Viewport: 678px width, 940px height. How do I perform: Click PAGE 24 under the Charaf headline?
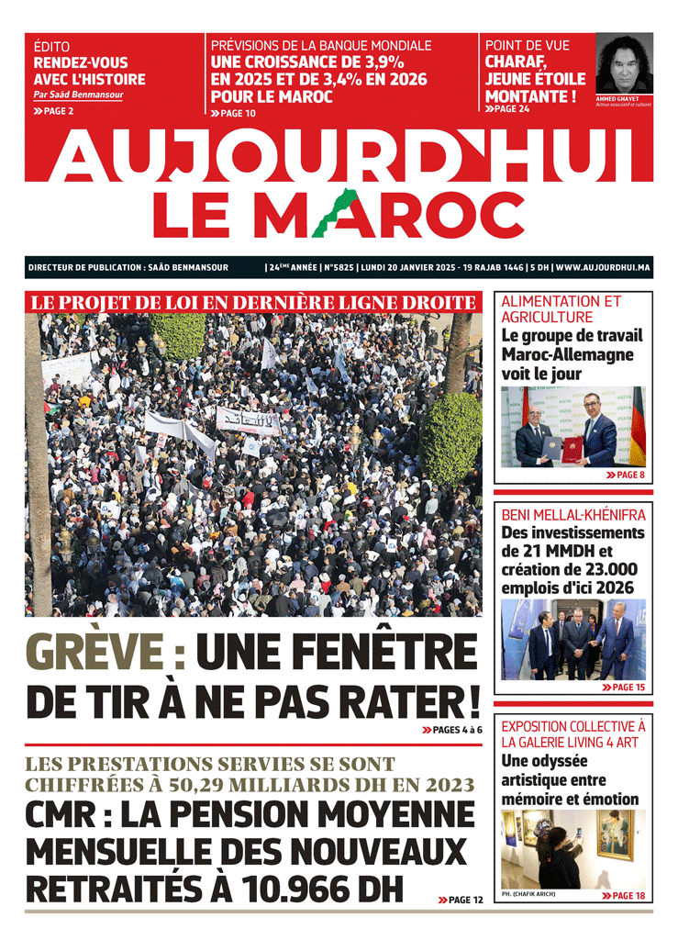pyautogui.click(x=513, y=109)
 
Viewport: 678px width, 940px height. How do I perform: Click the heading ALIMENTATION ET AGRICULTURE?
pyautogui.click(x=561, y=309)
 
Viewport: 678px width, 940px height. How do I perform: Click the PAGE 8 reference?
pyautogui.click(x=630, y=476)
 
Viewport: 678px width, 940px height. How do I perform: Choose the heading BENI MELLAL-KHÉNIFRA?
pyautogui.click(x=573, y=515)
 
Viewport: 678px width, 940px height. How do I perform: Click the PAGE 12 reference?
pyautogui.click(x=466, y=901)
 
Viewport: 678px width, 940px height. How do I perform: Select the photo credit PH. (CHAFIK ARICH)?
pyautogui.click(x=528, y=894)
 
